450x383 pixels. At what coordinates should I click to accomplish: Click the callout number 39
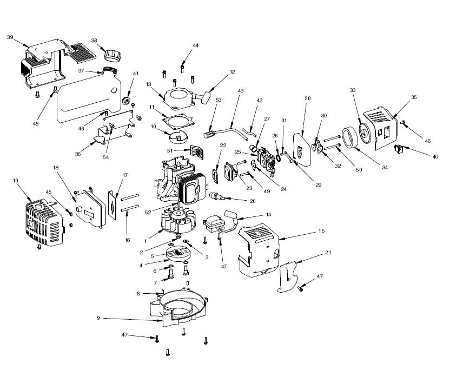coord(10,37)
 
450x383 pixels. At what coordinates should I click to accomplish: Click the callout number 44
coord(195,45)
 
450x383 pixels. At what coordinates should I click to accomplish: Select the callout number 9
coord(98,318)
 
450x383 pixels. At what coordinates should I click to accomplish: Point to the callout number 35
coord(414,98)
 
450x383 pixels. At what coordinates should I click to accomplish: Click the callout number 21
coord(328,252)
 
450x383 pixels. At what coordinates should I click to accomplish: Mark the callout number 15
coord(321,230)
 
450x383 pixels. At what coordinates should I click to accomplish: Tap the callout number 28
coord(308,98)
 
